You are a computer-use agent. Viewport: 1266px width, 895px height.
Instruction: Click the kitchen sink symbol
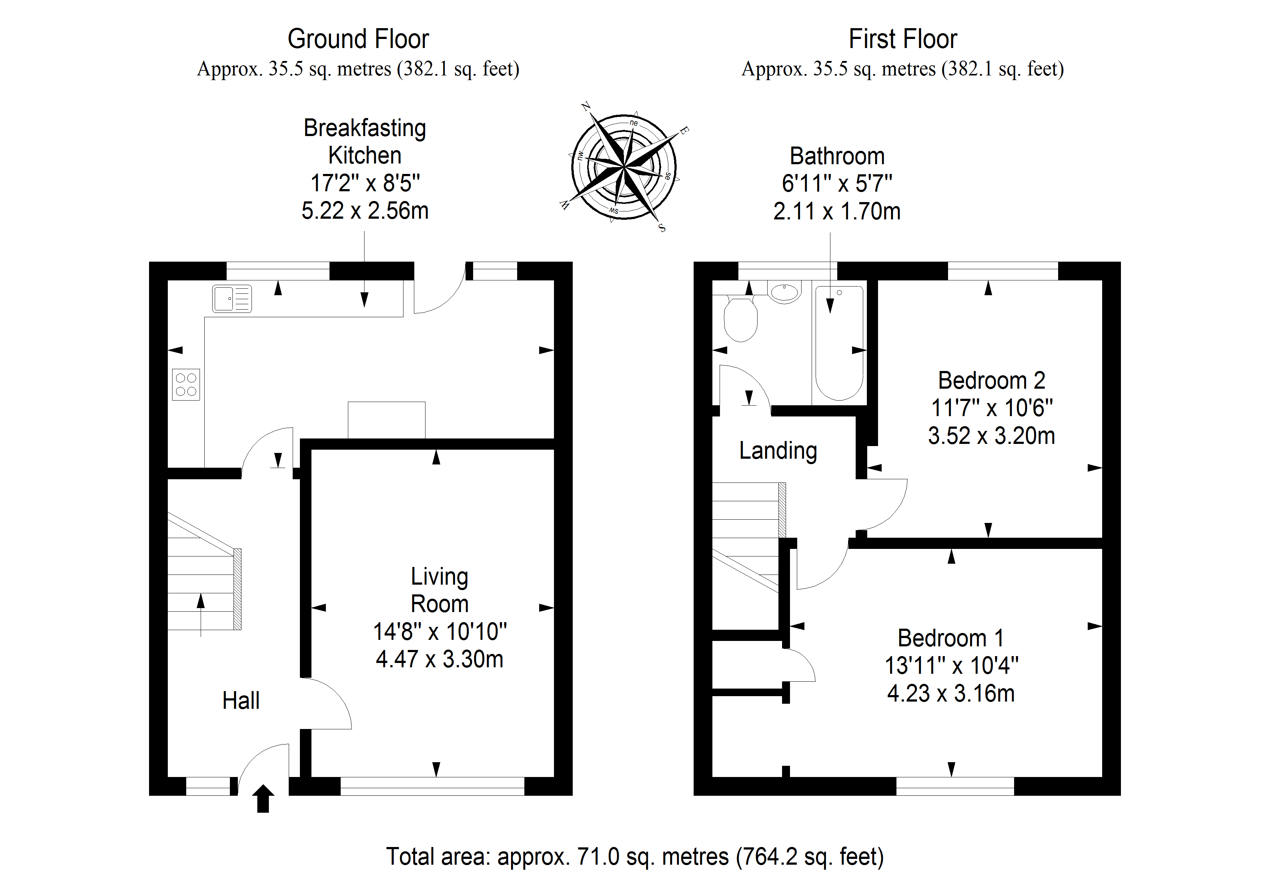pos(232,298)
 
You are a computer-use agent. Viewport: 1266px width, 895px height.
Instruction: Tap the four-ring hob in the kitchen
pos(186,384)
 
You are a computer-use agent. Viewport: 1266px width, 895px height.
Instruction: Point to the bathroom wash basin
pos(784,292)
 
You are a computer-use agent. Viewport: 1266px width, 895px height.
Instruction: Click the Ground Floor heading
pos(358,39)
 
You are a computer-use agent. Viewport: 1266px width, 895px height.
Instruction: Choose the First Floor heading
pos(903,39)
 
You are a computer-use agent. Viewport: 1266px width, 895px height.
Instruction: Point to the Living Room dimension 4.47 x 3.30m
pos(440,659)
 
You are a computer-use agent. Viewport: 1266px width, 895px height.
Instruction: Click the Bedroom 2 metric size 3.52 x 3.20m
pos(991,436)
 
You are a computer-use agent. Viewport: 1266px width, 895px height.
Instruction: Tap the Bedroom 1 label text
pos(951,638)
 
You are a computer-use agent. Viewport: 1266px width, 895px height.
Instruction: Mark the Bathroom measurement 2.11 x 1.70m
pos(837,211)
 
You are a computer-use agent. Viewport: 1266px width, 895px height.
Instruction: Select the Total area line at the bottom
pos(635,856)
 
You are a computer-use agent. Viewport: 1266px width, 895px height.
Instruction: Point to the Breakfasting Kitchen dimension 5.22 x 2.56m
pos(364,211)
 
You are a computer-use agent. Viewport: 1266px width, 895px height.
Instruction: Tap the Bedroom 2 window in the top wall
pos(1003,271)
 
